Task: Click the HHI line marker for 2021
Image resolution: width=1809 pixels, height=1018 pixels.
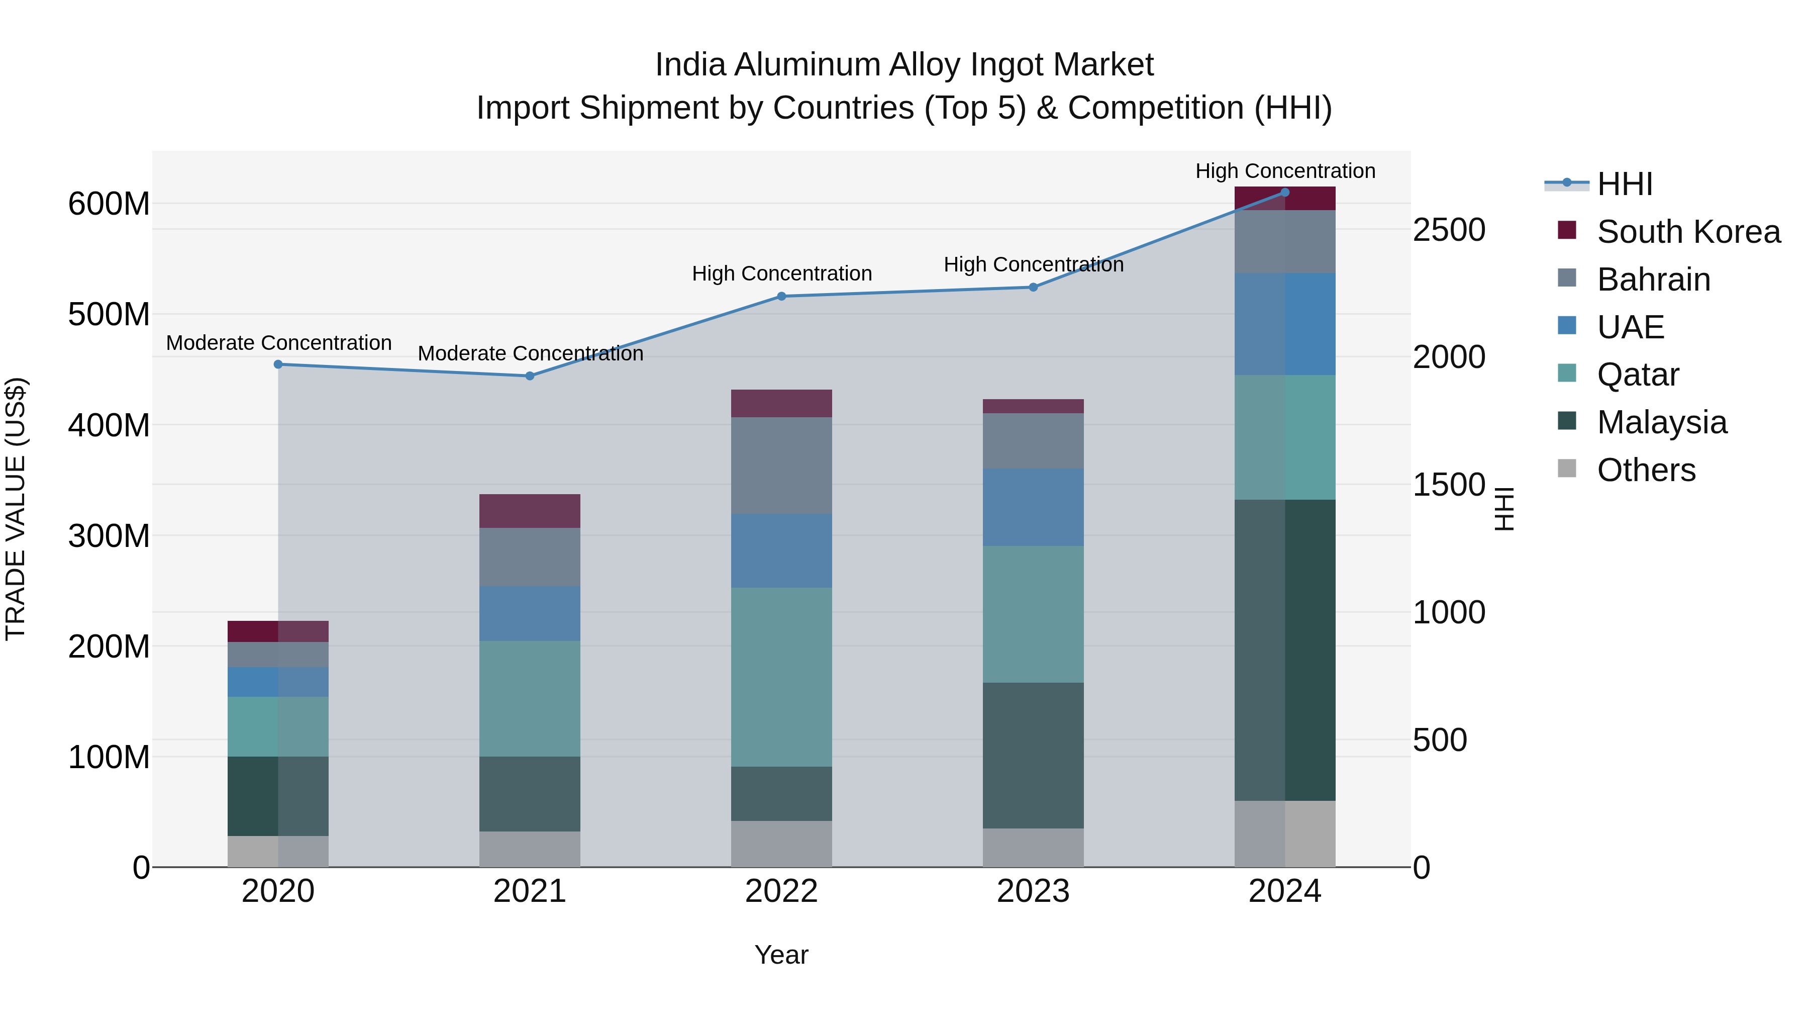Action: click(x=530, y=376)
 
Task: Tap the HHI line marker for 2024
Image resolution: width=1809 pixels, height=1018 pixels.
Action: click(x=1285, y=192)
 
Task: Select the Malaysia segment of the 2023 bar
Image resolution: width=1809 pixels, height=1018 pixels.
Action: click(x=1033, y=755)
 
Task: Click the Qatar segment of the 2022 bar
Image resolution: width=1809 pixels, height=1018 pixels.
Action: click(x=781, y=677)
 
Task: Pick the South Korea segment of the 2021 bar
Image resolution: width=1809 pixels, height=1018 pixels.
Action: click(x=530, y=511)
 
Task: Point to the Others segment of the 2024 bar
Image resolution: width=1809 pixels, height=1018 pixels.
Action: click(x=1285, y=834)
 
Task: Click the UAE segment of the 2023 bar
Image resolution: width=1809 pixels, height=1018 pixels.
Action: click(x=1033, y=507)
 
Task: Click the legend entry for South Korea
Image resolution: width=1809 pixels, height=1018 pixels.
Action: click(x=1688, y=232)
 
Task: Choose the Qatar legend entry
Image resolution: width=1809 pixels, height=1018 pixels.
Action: click(x=1638, y=375)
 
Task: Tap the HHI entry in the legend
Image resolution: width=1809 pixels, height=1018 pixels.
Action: click(x=1624, y=184)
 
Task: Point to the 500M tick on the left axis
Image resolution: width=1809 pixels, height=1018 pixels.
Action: click(x=109, y=314)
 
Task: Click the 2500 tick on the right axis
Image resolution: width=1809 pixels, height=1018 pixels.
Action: click(x=1449, y=230)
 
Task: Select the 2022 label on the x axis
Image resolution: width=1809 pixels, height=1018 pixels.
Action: click(x=781, y=891)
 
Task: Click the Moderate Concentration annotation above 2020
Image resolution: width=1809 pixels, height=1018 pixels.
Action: click(x=279, y=343)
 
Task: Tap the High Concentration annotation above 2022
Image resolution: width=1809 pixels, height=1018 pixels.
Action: click(x=781, y=273)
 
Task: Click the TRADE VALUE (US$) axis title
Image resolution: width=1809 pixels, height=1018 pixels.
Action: click(x=16, y=509)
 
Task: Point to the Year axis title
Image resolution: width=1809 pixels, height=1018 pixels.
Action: click(x=781, y=955)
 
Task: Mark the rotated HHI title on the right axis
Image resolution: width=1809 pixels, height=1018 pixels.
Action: click(x=1504, y=509)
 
